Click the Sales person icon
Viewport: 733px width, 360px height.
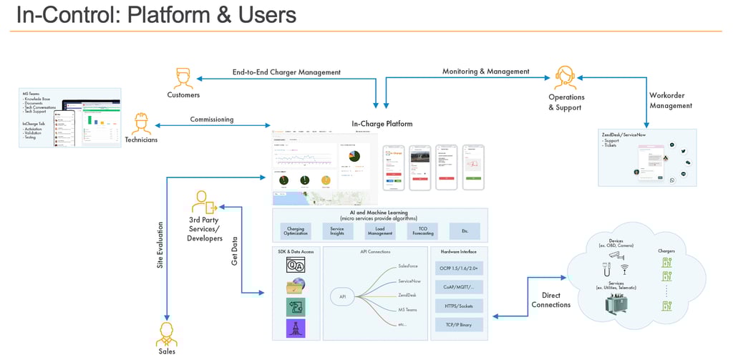[x=167, y=333]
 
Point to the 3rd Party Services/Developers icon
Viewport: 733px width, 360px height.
[x=204, y=203]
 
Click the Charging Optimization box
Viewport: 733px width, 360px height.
[x=296, y=231]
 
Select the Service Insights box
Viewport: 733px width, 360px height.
[x=337, y=231]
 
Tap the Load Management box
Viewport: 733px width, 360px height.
[x=379, y=231]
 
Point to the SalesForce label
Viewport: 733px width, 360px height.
[x=409, y=266]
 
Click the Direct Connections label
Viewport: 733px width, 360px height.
[x=551, y=299]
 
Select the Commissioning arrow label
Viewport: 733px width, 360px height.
[x=211, y=120]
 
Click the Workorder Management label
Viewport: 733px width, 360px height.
[x=670, y=100]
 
